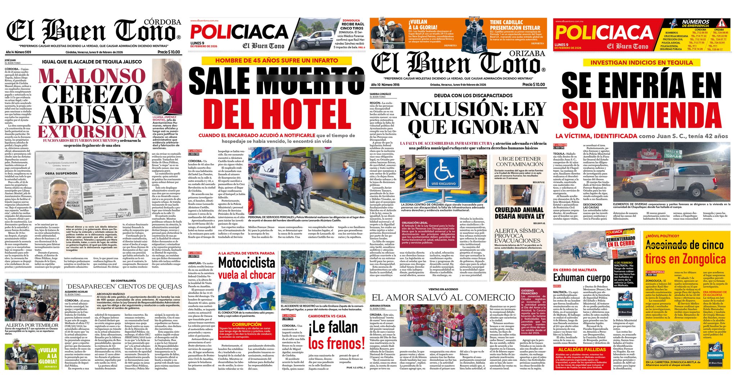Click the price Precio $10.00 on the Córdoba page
pos(169,52)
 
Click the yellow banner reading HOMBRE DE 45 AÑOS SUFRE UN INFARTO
pos(276,60)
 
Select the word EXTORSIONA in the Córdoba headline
pos(92,131)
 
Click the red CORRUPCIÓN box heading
pos(247,324)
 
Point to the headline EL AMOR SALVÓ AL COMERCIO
pos(443,297)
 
